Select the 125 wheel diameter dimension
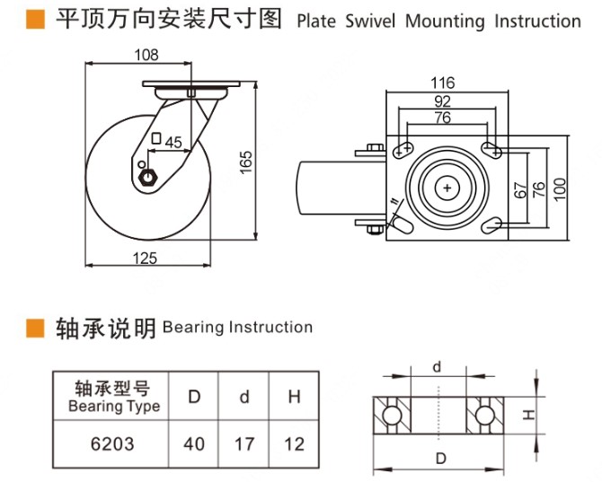[146, 259]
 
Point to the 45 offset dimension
[173, 141]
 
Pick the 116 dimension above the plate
[442, 83]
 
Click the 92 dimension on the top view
[442, 101]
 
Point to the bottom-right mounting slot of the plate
[491, 223]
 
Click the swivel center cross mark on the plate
[447, 188]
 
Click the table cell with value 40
[194, 443]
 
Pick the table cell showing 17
[244, 443]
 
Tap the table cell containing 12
[294, 443]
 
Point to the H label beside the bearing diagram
[529, 415]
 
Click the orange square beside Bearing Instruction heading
[35, 327]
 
